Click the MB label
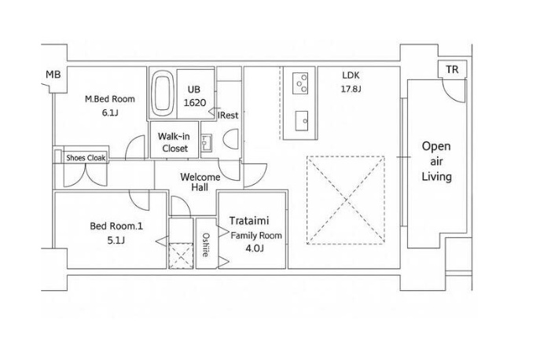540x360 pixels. click(53, 74)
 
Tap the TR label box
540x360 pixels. click(452, 70)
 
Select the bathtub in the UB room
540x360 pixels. click(162, 94)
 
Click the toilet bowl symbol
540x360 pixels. click(231, 139)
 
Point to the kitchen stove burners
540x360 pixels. click(300, 83)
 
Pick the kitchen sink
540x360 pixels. click(302, 120)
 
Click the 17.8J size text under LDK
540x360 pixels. click(351, 89)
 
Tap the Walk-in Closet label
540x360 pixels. click(174, 142)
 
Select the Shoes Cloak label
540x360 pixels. click(86, 158)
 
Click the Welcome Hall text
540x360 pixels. click(200, 182)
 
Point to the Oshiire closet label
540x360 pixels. click(206, 245)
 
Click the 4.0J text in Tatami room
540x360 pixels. click(255, 248)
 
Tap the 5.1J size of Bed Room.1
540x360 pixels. click(116, 240)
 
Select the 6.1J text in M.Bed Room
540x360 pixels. click(110, 112)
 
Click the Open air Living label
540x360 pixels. click(437, 161)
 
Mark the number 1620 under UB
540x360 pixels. click(195, 103)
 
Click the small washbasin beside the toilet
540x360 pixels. click(206, 142)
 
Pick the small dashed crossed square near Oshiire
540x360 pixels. click(181, 255)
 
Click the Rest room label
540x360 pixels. click(228, 115)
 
